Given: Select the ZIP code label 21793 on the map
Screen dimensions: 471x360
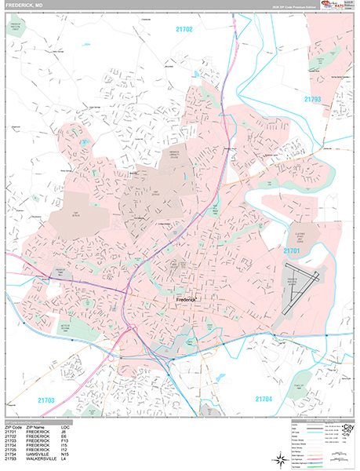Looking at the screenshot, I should [313, 100].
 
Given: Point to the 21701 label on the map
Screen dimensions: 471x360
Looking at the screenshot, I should [292, 250].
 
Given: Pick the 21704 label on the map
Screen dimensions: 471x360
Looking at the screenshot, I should [267, 399].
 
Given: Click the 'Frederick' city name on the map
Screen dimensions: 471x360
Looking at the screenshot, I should [189, 300].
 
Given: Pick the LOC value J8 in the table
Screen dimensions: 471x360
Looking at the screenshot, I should [79, 432].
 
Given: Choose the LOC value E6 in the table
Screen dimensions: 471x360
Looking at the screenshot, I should [79, 436].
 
